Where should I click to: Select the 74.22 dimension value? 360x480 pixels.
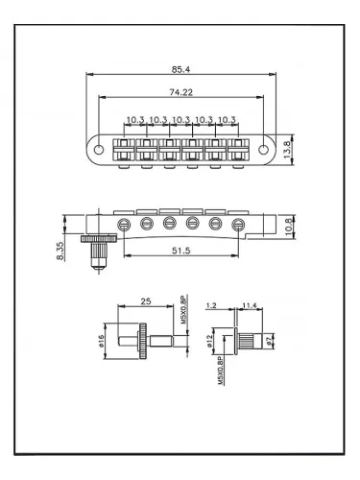click(x=178, y=93)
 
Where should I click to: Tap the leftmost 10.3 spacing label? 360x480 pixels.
click(x=135, y=119)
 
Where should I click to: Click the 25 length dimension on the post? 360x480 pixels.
click(x=144, y=301)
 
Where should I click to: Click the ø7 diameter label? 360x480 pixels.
click(x=270, y=339)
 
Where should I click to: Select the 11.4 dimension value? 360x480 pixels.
click(x=249, y=305)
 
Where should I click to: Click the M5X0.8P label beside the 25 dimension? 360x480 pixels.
click(x=182, y=310)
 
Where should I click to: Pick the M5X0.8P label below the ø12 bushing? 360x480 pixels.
click(x=220, y=372)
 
